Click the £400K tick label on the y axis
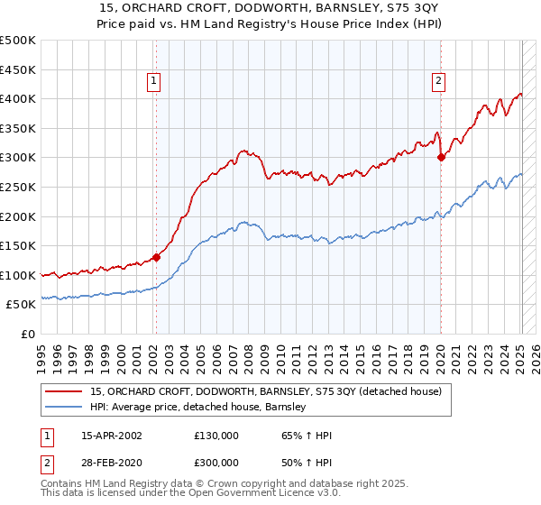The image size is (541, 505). [18, 98]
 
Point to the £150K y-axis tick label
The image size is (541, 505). [18, 245]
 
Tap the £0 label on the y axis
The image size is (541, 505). [29, 334]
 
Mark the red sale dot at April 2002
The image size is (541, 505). [156, 257]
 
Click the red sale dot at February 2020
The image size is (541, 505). [441, 157]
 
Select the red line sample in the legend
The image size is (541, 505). [63, 392]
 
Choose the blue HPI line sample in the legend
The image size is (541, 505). [63, 408]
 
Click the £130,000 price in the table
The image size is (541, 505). [215, 436]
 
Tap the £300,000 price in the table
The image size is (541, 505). [215, 461]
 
